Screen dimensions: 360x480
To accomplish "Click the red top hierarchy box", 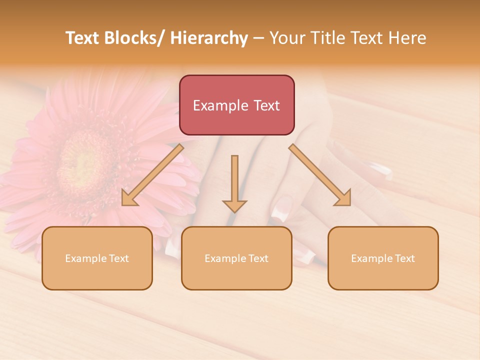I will click(x=236, y=105).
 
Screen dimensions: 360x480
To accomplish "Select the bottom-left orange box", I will click(x=97, y=258).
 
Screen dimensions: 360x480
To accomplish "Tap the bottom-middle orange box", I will click(x=236, y=258).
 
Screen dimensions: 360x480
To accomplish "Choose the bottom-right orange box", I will click(x=383, y=258).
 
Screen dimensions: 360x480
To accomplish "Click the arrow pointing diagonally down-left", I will click(x=152, y=175).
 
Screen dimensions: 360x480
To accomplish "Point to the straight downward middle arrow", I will click(x=234, y=183).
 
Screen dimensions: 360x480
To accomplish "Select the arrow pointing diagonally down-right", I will click(x=320, y=175).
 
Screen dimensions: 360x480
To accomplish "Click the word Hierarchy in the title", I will click(x=209, y=38).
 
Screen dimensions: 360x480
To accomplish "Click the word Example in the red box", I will click(x=220, y=105).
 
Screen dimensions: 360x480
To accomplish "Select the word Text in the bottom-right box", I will click(x=404, y=258).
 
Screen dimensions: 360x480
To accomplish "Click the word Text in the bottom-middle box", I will click(x=257, y=258).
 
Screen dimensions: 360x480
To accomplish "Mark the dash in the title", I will click(x=258, y=38).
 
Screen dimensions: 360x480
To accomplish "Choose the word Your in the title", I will click(x=287, y=38).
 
